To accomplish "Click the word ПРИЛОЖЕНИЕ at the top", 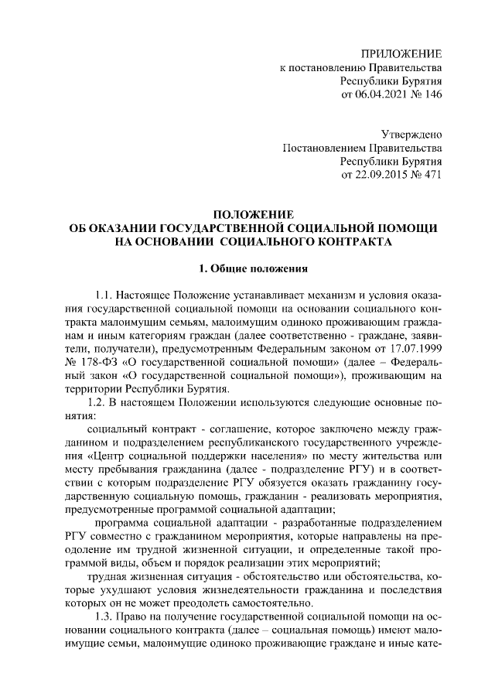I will [x=402, y=54].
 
